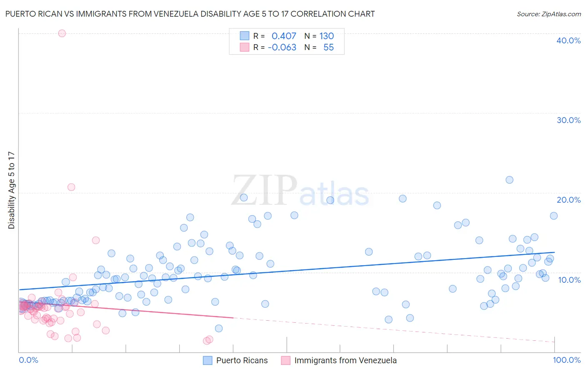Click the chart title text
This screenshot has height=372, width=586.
[x=190, y=14]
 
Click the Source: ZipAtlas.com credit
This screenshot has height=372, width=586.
[x=548, y=14]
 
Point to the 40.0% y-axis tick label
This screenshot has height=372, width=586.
[x=568, y=40]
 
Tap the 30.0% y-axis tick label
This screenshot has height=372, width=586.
[x=568, y=120]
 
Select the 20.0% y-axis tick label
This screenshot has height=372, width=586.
[x=568, y=200]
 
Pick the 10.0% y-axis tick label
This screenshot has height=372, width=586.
[x=569, y=280]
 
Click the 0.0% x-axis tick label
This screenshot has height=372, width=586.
[x=28, y=360]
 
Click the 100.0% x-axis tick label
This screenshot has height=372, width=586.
[x=566, y=360]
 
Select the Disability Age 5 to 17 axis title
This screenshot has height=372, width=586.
[x=11, y=190]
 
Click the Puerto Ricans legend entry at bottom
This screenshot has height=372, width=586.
[x=242, y=360]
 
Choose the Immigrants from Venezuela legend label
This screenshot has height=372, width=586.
[x=345, y=360]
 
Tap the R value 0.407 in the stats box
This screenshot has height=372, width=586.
[x=283, y=36]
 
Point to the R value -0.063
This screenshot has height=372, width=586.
[x=282, y=47]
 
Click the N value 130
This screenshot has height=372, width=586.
[x=326, y=36]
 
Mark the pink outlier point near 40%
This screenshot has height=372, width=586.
[x=62, y=33]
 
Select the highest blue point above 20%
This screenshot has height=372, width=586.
[x=509, y=180]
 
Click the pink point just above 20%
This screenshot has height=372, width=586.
[x=71, y=187]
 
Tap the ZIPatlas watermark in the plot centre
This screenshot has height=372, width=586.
[x=300, y=191]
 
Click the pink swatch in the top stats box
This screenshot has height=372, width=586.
[x=244, y=47]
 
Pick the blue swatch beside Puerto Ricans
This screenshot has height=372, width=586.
[x=208, y=360]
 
